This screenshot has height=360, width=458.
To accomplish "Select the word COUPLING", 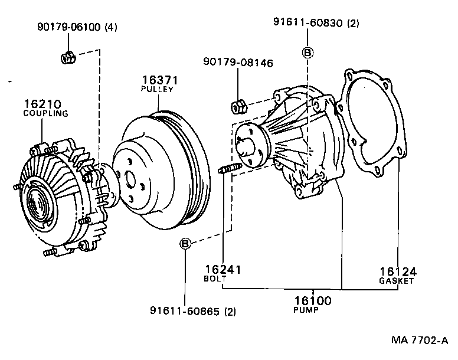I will point(45,113).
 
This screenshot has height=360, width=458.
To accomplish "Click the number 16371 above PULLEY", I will point(159,80).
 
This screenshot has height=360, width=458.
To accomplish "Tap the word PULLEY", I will point(157,89).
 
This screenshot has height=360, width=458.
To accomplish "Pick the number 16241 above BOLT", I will point(224,270).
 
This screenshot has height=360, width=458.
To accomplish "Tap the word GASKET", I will point(397,282).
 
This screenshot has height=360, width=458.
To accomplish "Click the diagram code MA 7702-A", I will point(418,341).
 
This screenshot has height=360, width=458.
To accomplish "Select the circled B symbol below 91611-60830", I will point(307,52).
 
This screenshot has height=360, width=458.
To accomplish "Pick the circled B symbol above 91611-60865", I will point(185,243).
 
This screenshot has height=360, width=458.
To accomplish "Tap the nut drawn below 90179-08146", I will point(238,106).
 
